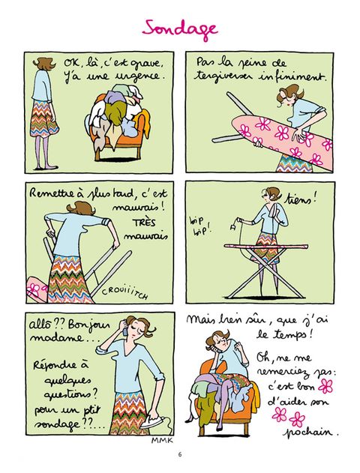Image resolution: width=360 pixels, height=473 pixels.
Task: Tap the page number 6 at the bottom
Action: coord(180,454)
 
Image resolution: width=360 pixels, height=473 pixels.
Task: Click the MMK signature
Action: coord(162,441)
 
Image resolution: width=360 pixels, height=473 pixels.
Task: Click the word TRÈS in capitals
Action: coord(144,223)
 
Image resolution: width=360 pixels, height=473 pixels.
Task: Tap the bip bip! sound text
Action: coord(199,226)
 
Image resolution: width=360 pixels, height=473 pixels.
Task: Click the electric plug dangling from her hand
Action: coord(232,229)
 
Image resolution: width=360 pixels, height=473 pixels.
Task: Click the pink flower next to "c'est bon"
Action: coord(325,386)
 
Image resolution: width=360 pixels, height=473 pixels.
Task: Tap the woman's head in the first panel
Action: coord(45,64)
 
